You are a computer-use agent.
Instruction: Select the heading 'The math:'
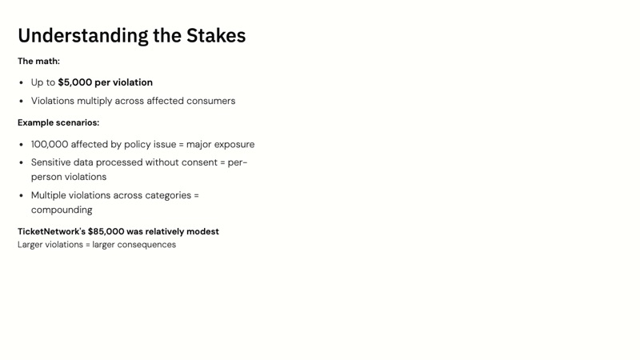tap(38, 62)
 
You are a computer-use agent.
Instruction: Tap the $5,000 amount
tap(75, 82)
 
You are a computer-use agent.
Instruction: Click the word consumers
tap(210, 102)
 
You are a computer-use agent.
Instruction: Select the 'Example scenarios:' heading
tap(58, 123)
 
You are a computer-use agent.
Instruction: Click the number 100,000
tap(50, 145)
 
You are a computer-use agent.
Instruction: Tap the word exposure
tap(233, 145)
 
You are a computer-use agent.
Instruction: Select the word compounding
tap(62, 210)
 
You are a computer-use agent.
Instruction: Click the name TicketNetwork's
tap(51, 232)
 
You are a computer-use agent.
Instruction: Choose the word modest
tap(202, 232)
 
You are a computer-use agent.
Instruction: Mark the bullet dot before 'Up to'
tap(22, 82)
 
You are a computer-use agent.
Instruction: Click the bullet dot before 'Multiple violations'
tap(22, 195)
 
